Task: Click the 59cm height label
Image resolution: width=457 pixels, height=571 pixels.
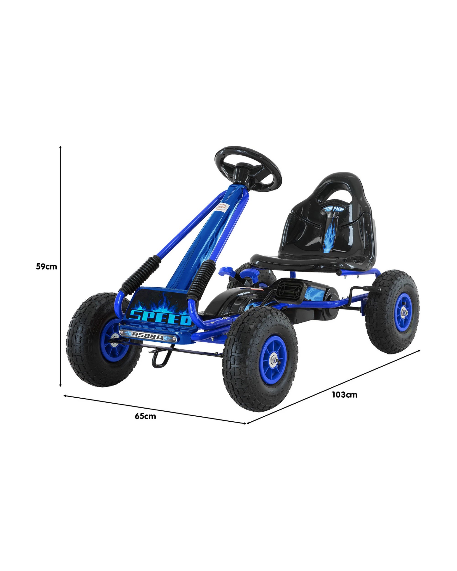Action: (46, 267)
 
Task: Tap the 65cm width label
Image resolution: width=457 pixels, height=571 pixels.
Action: (146, 416)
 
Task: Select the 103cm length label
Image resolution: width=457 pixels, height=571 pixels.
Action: (344, 395)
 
